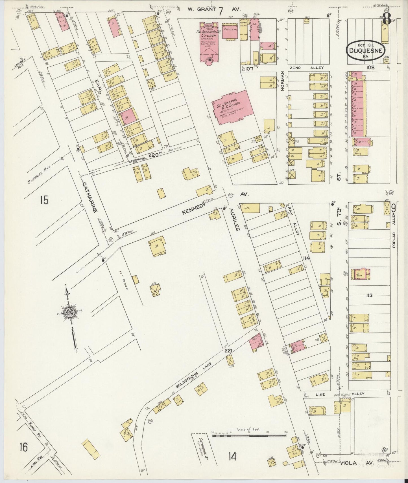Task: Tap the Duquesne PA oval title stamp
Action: (365, 51)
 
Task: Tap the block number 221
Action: (228, 351)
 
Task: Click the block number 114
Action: (306, 258)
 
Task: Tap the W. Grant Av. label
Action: (215, 10)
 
